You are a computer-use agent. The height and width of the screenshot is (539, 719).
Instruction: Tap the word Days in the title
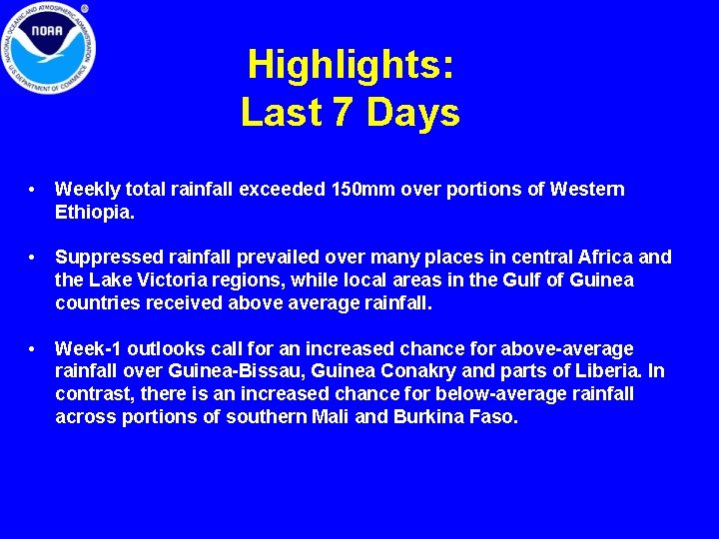coord(413,113)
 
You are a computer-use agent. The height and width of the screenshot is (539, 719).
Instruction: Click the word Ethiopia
coord(93,213)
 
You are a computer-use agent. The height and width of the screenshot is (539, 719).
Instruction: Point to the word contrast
coord(93,394)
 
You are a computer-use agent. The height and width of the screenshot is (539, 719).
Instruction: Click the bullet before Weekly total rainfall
coord(34,190)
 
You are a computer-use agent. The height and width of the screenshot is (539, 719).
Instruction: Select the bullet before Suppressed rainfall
coord(34,258)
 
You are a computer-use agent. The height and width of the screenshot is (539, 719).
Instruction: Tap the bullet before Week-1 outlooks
coord(34,348)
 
